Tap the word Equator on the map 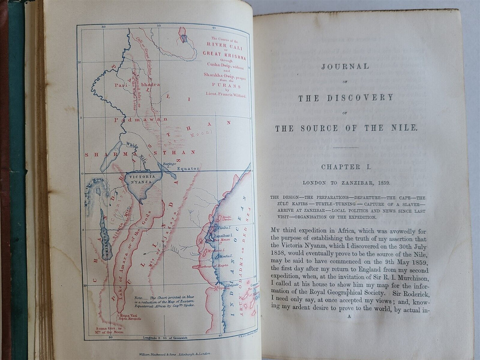point(188,168)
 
